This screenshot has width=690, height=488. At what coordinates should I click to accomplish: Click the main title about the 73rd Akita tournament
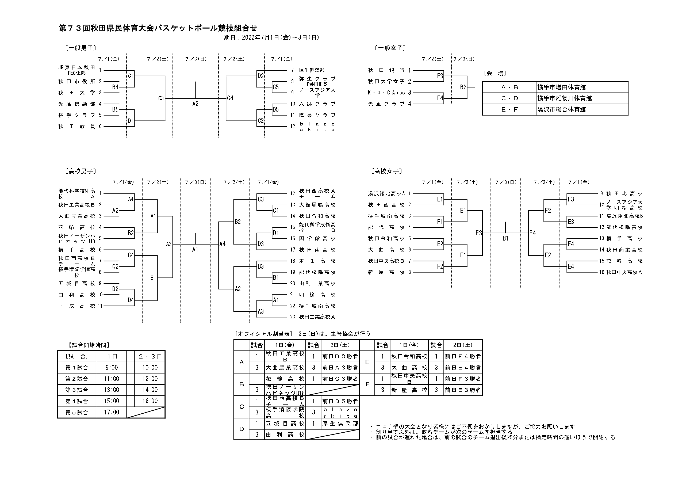(158, 28)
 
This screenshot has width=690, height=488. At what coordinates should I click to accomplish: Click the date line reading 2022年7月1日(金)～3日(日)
(271, 37)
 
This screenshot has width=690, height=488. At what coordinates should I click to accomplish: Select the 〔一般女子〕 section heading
(390, 48)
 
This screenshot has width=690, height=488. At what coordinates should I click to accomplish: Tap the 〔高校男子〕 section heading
(80, 171)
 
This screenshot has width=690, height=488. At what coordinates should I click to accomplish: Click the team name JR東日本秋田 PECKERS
(77, 70)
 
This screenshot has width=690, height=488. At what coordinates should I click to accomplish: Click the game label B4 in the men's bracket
(115, 87)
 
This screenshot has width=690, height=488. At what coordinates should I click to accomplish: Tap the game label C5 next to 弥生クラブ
(275, 87)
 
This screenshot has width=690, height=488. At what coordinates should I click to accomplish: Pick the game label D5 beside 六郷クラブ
(275, 109)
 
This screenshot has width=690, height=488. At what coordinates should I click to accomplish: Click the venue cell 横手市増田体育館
(561, 87)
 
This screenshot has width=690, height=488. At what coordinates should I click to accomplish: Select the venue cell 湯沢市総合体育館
(561, 110)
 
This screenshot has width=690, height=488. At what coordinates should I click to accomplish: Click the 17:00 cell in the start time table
(112, 412)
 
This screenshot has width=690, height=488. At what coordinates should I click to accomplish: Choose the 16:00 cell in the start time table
(150, 401)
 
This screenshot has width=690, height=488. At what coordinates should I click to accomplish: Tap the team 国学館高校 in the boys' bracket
(317, 239)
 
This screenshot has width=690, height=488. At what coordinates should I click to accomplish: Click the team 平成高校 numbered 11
(77, 306)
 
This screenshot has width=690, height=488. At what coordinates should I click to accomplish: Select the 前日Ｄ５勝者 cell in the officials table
(340, 401)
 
